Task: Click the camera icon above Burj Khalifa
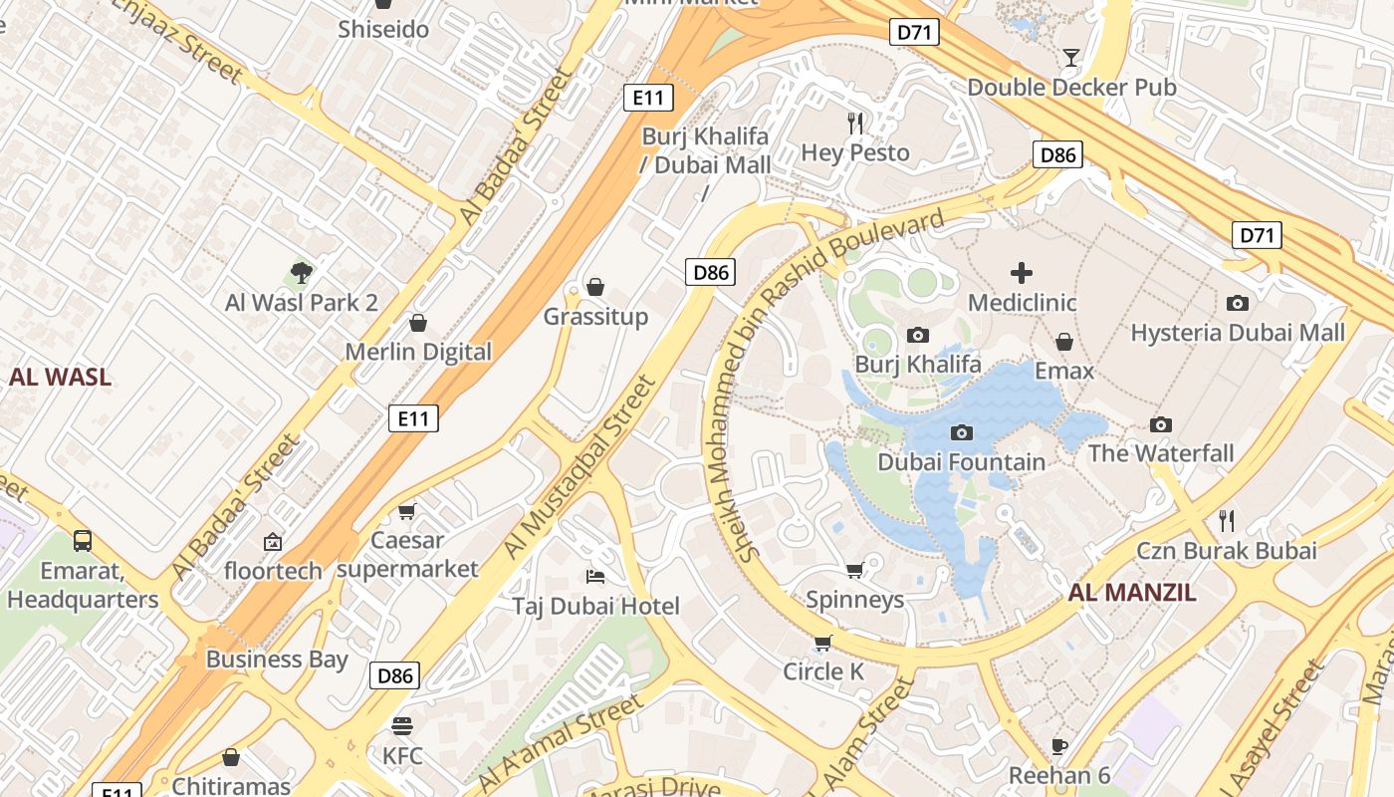tap(917, 336)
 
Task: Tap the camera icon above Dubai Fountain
tap(961, 432)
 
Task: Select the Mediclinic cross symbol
tap(1022, 272)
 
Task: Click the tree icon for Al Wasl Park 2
tap(301, 272)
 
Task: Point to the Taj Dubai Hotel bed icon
tap(595, 577)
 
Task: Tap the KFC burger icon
tap(402, 725)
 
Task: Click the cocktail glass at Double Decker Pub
tap(1070, 57)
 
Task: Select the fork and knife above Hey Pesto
tap(855, 123)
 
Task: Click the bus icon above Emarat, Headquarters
tap(83, 541)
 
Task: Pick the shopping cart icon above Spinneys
tap(854, 570)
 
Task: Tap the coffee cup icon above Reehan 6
tap(1059, 746)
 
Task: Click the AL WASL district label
tap(60, 378)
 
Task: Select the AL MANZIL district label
tap(1132, 593)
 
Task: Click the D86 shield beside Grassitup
tap(710, 272)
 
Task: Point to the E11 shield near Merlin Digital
tap(413, 418)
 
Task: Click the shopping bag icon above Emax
tap(1064, 342)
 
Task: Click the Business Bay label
tap(277, 660)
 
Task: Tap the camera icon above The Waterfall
tap(1160, 424)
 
